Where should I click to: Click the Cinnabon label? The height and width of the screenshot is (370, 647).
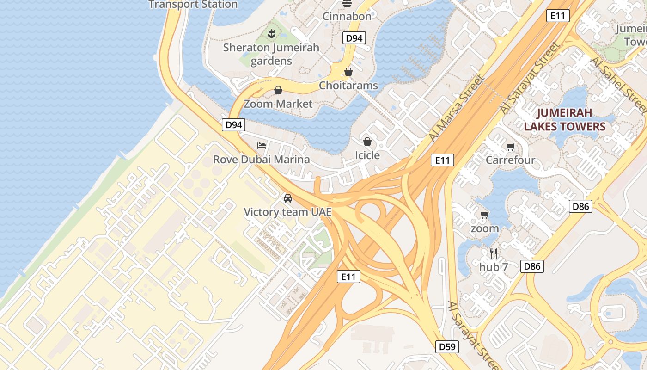[x=347, y=16]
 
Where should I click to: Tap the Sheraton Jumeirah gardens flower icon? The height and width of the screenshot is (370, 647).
[x=271, y=33]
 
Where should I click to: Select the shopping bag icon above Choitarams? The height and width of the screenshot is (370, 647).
[x=348, y=72]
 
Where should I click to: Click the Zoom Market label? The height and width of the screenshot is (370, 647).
[x=278, y=104]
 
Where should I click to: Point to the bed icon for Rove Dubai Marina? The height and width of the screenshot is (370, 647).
[x=261, y=146]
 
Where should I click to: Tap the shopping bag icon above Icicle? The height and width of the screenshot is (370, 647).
[x=367, y=142]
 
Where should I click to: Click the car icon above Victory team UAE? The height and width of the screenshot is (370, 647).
[x=288, y=198]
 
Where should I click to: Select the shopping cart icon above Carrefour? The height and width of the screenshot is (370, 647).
[x=510, y=147]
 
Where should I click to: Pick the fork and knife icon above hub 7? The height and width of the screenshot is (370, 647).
[x=494, y=253]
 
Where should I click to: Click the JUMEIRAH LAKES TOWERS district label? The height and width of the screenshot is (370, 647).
[x=571, y=119]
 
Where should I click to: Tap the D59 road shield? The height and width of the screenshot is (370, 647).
[x=447, y=346]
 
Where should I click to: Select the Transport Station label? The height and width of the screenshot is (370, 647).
[x=193, y=5]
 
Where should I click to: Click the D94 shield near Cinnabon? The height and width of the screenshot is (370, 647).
[x=354, y=38]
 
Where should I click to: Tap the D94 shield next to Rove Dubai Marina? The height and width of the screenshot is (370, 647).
[x=233, y=124]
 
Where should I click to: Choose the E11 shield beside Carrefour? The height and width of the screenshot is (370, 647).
[x=442, y=160]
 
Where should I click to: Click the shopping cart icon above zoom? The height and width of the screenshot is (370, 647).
[x=484, y=215]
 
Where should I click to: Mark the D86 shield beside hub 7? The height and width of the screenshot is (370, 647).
[x=532, y=266]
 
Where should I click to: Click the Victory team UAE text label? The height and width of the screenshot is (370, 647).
[x=287, y=212]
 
